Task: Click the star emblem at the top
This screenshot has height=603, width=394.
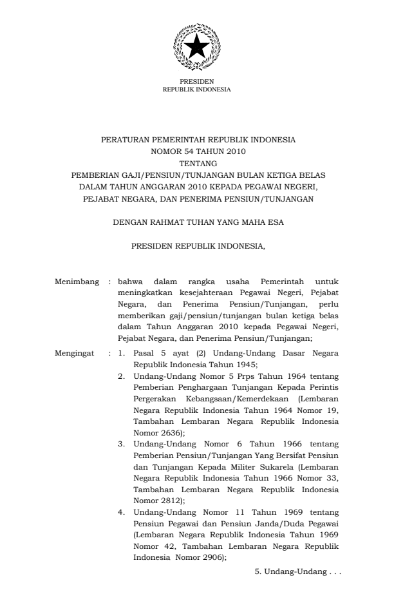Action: [196, 45]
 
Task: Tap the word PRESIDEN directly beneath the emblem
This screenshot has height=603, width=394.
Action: [196, 82]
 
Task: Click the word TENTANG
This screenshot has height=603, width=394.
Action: [197, 164]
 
